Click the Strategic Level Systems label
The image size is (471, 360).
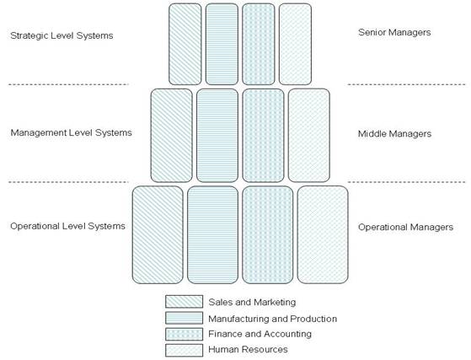click(62, 35)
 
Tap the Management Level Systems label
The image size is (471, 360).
click(71, 132)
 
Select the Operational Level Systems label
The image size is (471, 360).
click(67, 226)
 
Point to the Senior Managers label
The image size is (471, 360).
click(394, 32)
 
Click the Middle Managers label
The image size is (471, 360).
click(394, 134)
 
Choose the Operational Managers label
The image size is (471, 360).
click(405, 227)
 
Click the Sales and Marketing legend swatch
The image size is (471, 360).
click(184, 302)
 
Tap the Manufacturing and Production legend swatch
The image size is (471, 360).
click(184, 318)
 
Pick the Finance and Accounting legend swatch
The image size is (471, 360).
click(184, 334)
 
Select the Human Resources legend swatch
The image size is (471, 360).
click(184, 350)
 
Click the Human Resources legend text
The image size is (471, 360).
click(248, 350)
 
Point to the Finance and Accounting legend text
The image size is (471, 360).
click(260, 334)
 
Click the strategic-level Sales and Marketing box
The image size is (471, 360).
click(185, 44)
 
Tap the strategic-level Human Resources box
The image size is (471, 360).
click(295, 44)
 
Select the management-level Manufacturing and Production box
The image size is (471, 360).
click(217, 135)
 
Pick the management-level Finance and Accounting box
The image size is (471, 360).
click(263, 135)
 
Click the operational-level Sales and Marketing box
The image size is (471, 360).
click(158, 234)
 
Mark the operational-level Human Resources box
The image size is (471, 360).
click(323, 234)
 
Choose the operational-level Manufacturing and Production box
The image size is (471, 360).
click(212, 234)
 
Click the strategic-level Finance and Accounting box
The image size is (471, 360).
click(259, 44)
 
